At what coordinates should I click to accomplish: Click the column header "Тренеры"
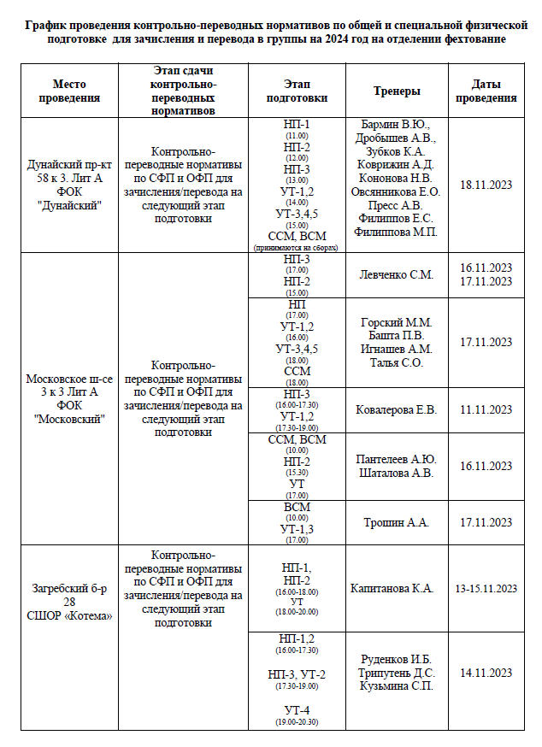(397, 91)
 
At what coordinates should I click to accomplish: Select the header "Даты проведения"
(486, 91)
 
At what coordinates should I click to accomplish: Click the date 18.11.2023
(486, 185)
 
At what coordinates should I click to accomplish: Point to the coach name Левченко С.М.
(397, 275)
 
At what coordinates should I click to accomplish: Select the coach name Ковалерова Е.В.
(397, 410)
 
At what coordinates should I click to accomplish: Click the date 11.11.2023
(486, 410)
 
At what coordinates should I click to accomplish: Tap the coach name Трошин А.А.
(397, 522)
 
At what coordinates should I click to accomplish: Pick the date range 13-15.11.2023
(486, 588)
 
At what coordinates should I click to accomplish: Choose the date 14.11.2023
(486, 673)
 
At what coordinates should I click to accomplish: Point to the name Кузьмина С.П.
(397, 686)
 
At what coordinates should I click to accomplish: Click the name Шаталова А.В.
(397, 473)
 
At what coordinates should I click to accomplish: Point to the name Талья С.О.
(397, 362)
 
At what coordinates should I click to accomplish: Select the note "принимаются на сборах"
(296, 248)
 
